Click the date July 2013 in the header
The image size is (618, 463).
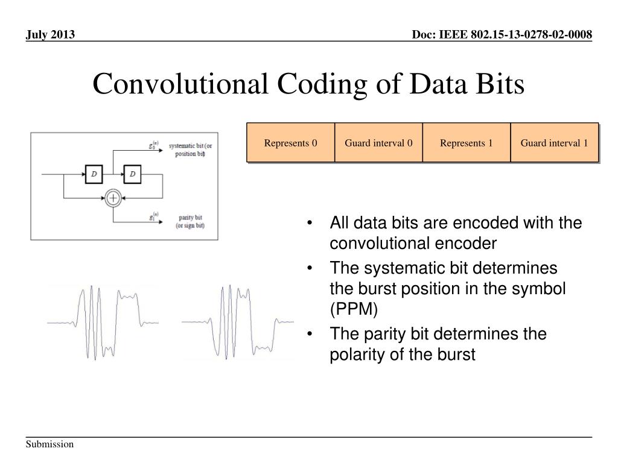click(x=50, y=35)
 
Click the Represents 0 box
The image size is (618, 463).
click(x=290, y=143)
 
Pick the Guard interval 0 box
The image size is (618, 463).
click(x=378, y=143)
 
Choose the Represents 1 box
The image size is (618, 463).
click(x=466, y=143)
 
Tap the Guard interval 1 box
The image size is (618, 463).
click(x=554, y=143)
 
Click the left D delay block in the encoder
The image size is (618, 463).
click(x=94, y=175)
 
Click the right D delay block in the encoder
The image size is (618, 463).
click(x=133, y=175)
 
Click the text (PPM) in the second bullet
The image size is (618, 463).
click(x=353, y=309)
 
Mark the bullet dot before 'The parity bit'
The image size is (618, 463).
click(x=310, y=334)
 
